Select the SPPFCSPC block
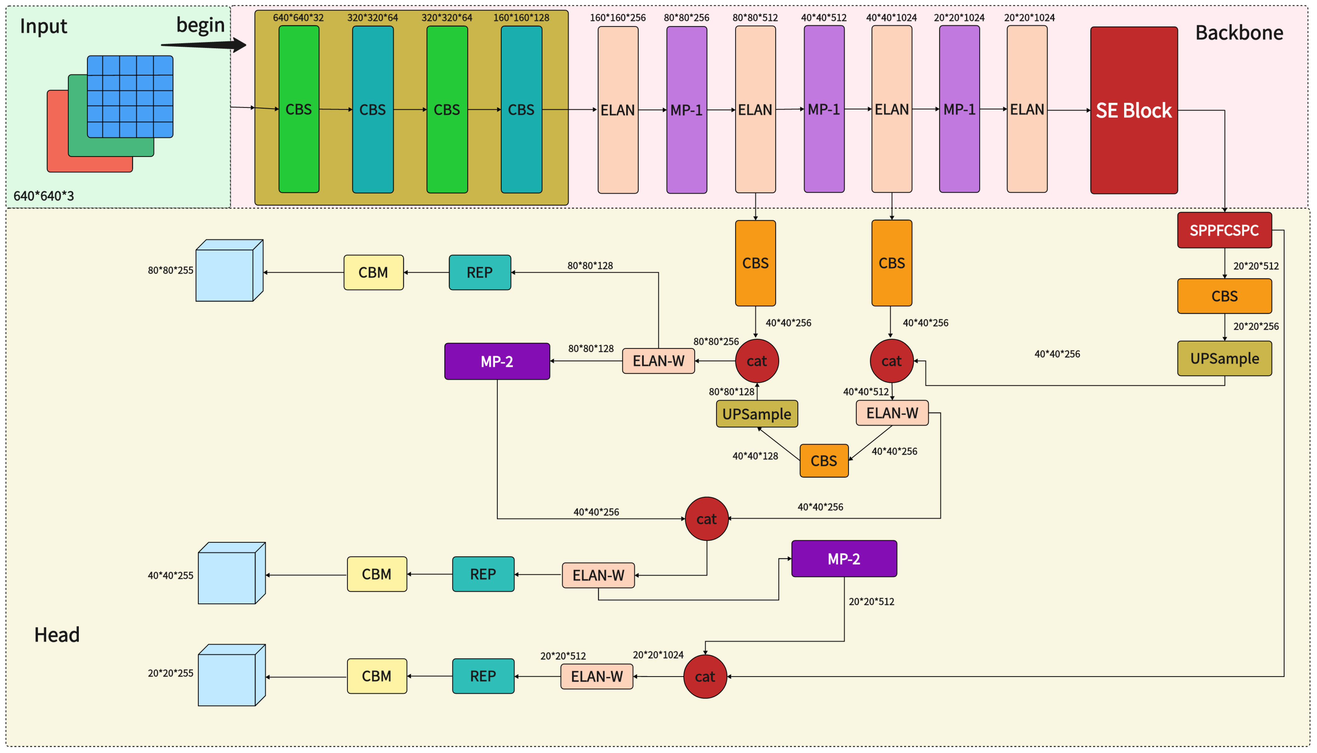[x=1224, y=230]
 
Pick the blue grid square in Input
[x=130, y=97]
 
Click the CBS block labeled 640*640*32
[x=298, y=109]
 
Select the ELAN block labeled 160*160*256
[x=618, y=110]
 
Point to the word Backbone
[x=1238, y=33]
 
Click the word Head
[x=57, y=635]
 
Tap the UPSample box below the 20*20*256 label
[x=1224, y=358]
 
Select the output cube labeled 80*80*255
[x=229, y=270]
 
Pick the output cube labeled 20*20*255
[x=231, y=675]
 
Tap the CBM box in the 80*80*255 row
[x=373, y=273]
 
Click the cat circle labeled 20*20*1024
[x=705, y=676]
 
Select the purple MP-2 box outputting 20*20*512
[x=843, y=559]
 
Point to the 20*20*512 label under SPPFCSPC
[x=1256, y=266]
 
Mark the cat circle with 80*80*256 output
[x=756, y=361]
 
